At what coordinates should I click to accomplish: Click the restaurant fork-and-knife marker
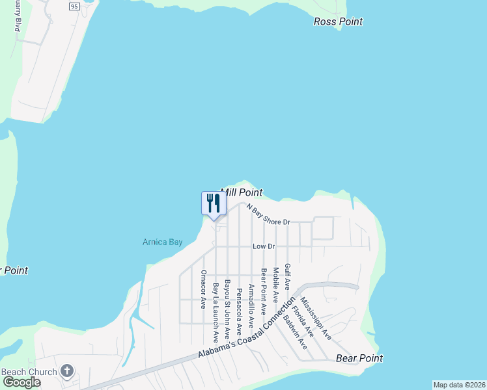point(213,203)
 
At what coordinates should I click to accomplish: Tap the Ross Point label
point(338,21)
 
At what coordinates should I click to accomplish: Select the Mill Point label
point(242,192)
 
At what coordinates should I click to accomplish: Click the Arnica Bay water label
point(163,242)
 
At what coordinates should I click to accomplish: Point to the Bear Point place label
point(359,358)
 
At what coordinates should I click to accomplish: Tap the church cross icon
point(66,371)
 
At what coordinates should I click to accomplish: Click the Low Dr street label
point(264,246)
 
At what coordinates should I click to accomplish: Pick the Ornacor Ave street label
point(204,289)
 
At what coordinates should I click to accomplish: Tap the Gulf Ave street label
point(287,276)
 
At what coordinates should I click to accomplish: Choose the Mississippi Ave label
point(316,320)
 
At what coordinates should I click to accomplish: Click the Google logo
point(21,382)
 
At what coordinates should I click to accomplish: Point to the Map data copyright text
point(459,385)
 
